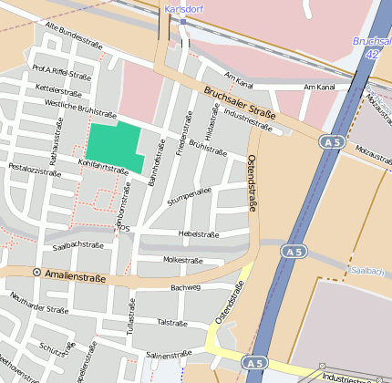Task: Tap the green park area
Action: tap(115, 145)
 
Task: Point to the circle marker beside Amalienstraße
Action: tap(36, 272)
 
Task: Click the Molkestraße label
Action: tap(181, 260)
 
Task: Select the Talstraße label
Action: tap(172, 322)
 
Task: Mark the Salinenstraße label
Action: tap(169, 355)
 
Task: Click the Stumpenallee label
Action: tap(190, 196)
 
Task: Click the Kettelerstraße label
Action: tap(58, 90)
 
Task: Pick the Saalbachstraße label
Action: tap(77, 245)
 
